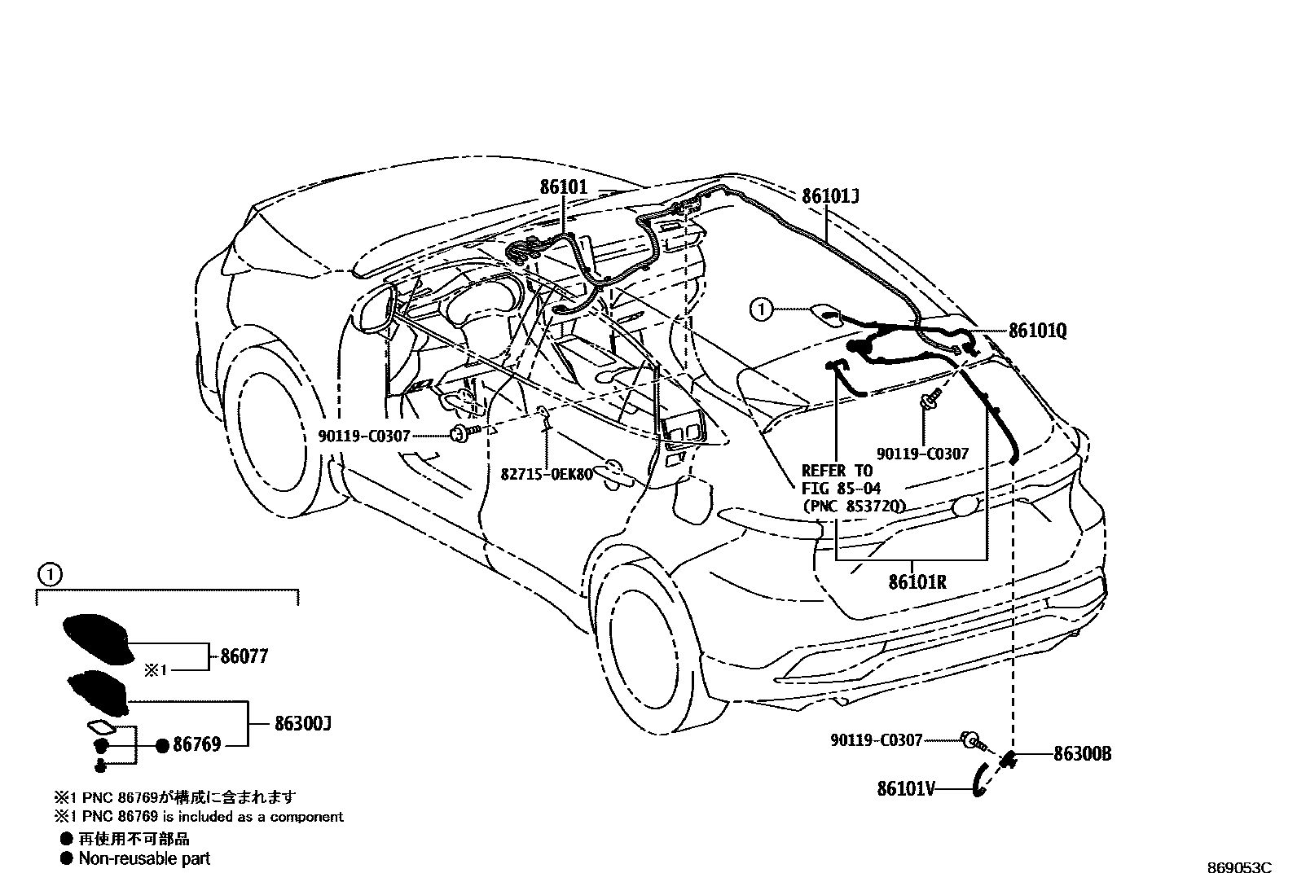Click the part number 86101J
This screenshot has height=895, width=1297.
[x=830, y=196]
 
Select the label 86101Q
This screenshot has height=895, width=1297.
[x=1037, y=331]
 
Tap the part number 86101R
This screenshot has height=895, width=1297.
[x=917, y=582]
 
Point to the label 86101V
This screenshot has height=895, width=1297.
[x=906, y=788]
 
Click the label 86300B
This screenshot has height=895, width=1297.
[x=1082, y=754]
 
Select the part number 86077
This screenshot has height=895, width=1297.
[x=244, y=656]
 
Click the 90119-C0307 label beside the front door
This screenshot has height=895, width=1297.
[x=363, y=437]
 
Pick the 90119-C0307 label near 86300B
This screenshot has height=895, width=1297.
[x=877, y=740]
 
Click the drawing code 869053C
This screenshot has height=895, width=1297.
[x=1238, y=868]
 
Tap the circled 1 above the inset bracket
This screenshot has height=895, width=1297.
[x=50, y=575]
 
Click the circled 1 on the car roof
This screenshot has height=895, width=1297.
[x=760, y=309]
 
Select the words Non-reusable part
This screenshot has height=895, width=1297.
[x=144, y=858]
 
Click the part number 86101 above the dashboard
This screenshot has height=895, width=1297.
[x=563, y=187]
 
